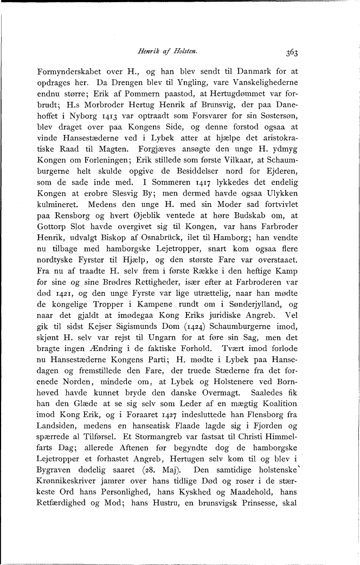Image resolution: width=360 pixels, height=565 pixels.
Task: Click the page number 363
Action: pos(291,53)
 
